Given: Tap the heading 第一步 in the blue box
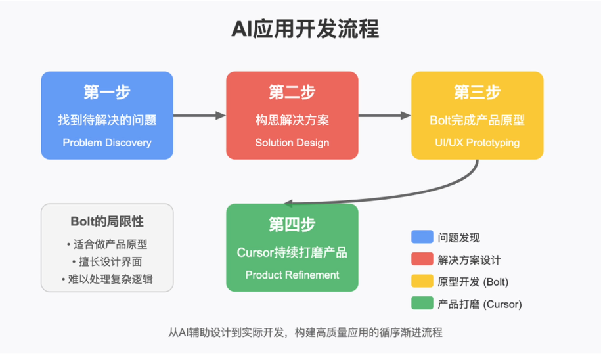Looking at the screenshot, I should tap(107, 93).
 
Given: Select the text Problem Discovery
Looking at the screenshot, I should tap(107, 143).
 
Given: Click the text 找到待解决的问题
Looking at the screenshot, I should tap(107, 120).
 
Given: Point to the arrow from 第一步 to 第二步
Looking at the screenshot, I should tap(200, 116).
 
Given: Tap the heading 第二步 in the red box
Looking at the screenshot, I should tap(292, 93).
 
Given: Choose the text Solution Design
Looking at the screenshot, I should tap(292, 143).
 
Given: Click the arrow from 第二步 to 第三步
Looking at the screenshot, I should tap(385, 116).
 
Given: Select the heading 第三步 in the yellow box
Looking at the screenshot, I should tap(478, 93).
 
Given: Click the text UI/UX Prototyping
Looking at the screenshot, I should tap(478, 143).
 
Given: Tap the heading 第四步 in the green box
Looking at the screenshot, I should tap(292, 225).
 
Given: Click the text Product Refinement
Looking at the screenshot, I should tap(292, 275).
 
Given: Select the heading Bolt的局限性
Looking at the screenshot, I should tap(107, 221).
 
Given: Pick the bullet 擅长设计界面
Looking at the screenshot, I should tap(107, 261).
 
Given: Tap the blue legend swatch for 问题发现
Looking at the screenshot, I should tap(421, 237).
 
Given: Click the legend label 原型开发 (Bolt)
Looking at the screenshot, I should tap(473, 282).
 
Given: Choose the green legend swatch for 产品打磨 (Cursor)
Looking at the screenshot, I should tap(421, 304).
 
